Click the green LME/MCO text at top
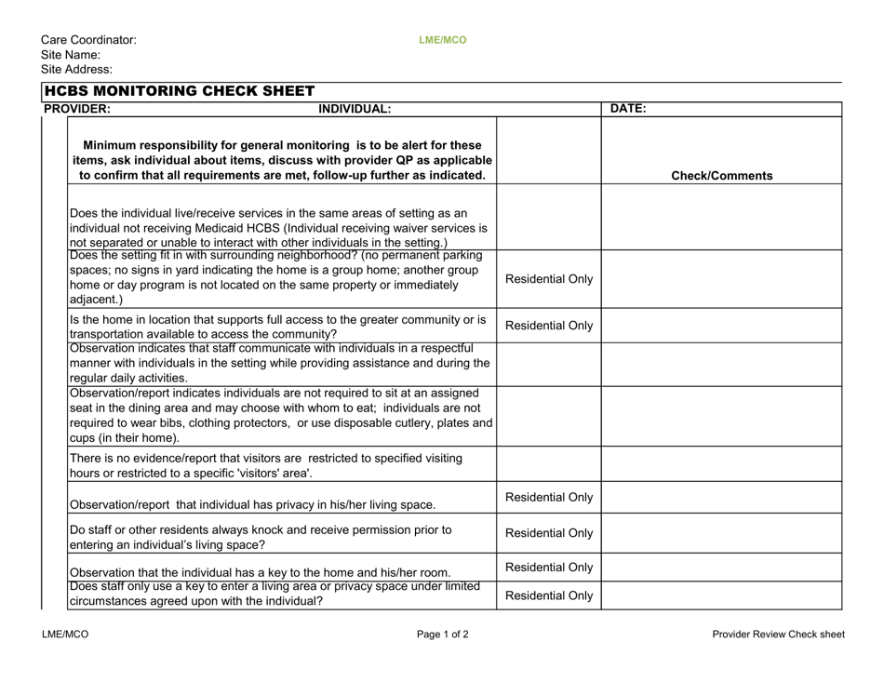(x=442, y=40)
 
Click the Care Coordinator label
(x=88, y=40)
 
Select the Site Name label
(x=71, y=55)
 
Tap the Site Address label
(x=76, y=70)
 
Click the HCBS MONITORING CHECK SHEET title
(x=180, y=91)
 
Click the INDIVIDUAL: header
(x=355, y=109)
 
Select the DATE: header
(x=627, y=109)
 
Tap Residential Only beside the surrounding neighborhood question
(x=548, y=278)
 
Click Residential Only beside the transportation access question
(x=548, y=326)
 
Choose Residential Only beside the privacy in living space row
(x=548, y=498)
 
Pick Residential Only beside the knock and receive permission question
(x=548, y=534)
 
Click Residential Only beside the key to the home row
(x=548, y=567)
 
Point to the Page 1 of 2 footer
(x=442, y=635)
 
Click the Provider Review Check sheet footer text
(x=778, y=635)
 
